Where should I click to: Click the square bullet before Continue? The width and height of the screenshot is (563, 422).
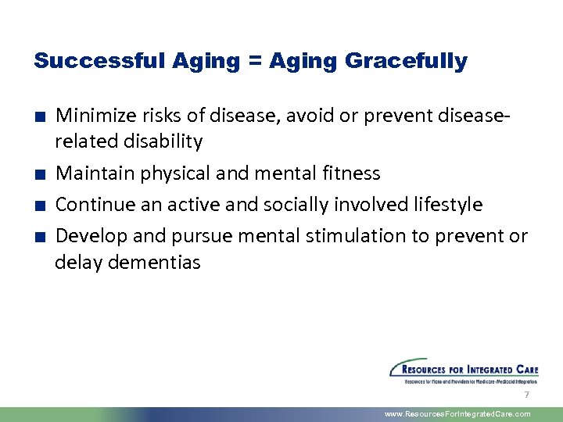tap(38, 206)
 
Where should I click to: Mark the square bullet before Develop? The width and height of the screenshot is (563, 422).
tap(38, 237)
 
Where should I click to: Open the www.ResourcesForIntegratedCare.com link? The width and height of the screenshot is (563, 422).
tap(457, 414)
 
